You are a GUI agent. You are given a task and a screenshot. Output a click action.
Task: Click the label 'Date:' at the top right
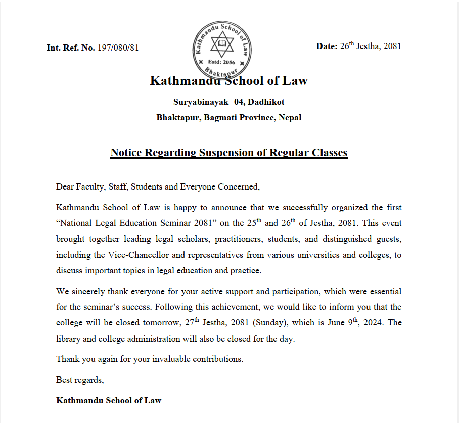[327, 46]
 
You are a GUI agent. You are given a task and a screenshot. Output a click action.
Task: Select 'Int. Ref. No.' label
[70, 48]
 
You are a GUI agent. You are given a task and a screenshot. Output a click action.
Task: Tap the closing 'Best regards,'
[80, 379]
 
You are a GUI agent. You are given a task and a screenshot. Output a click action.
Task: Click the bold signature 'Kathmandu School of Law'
[109, 400]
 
